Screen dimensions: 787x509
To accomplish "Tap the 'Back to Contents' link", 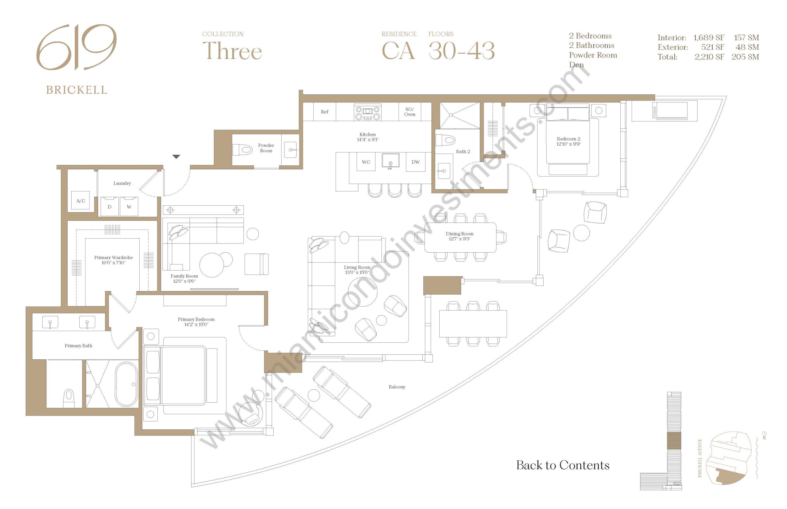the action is pyautogui.click(x=563, y=465).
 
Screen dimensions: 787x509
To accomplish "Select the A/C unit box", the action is pyautogui.click(x=81, y=201).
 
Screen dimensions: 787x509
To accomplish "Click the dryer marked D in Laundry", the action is pyautogui.click(x=109, y=207).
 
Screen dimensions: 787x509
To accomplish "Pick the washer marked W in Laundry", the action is pyautogui.click(x=129, y=207).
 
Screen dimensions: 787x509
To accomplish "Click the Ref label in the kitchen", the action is pyautogui.click(x=325, y=112).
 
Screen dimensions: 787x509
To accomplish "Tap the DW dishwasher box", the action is pyautogui.click(x=415, y=162).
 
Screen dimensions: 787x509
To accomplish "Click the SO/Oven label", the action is pyautogui.click(x=409, y=112).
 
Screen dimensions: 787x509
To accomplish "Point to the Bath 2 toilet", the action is pyautogui.click(x=445, y=140).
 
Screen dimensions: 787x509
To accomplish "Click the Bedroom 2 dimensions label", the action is pyautogui.click(x=568, y=144).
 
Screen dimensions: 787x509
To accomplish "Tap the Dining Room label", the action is pyautogui.click(x=459, y=234).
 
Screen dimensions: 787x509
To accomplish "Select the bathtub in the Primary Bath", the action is pyautogui.click(x=126, y=384).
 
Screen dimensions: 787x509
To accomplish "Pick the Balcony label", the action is pyautogui.click(x=397, y=387).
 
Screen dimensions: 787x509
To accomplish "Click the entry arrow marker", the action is pyautogui.click(x=176, y=157).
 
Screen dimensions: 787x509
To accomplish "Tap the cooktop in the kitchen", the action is pyautogui.click(x=368, y=112).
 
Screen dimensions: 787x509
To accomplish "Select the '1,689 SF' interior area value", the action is pyautogui.click(x=709, y=38).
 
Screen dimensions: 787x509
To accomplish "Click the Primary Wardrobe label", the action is pyautogui.click(x=113, y=258).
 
